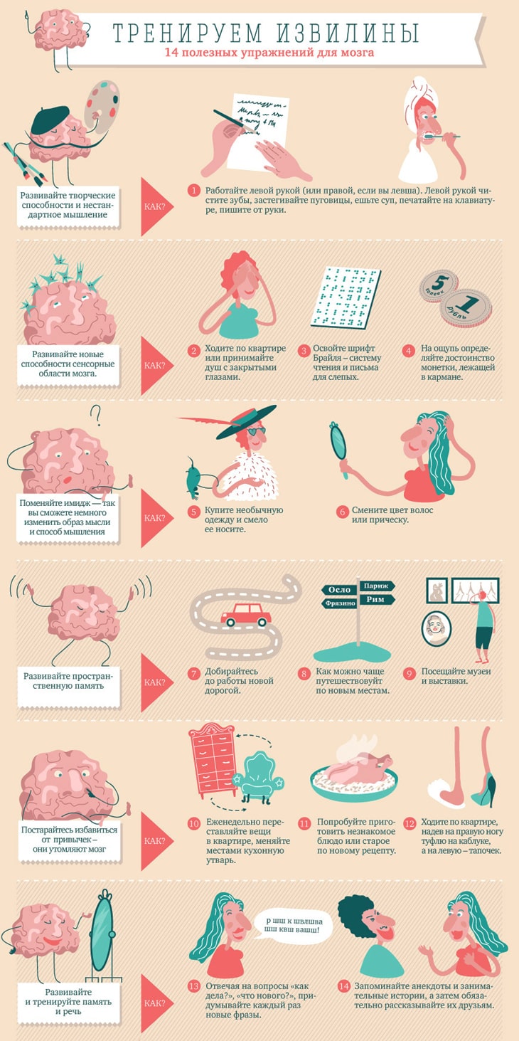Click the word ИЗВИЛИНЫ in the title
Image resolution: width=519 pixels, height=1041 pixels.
click(348, 33)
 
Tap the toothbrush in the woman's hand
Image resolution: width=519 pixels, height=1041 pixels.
click(440, 136)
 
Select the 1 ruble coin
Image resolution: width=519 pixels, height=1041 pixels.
click(466, 307)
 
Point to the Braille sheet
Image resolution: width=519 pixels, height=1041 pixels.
click(346, 297)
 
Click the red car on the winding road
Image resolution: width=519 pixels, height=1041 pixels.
click(246, 614)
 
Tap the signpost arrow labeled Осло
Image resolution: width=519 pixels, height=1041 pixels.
click(339, 590)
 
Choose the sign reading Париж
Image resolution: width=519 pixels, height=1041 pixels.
click(377, 586)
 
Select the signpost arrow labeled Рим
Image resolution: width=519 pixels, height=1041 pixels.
click(377, 600)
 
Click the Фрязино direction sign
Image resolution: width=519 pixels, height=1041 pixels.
click(339, 603)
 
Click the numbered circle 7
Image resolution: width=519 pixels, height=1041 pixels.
click(193, 673)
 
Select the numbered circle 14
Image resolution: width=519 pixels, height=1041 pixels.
click(343, 985)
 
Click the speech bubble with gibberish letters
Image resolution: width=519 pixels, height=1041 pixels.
click(294, 925)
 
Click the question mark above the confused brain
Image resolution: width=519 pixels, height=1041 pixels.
click(96, 416)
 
